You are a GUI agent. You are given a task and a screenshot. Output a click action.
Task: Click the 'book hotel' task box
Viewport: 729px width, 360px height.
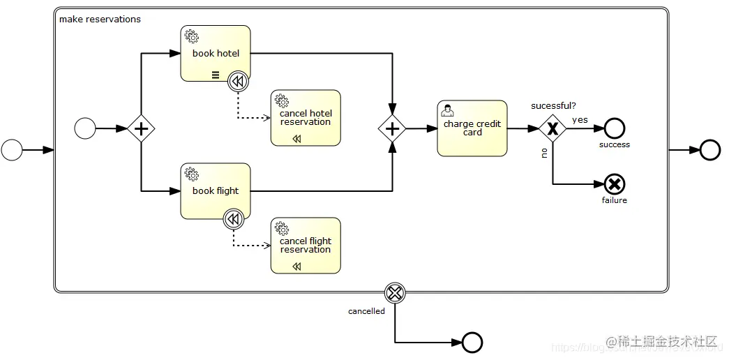pos(215,54)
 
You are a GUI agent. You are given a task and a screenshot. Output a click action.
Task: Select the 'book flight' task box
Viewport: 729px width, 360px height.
pos(215,191)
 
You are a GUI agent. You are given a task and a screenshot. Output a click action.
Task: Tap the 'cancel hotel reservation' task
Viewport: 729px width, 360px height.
pos(306,118)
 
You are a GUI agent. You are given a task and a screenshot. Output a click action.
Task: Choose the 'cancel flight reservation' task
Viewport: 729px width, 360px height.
pos(306,246)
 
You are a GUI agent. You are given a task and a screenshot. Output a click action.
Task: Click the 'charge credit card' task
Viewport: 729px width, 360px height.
pos(472,128)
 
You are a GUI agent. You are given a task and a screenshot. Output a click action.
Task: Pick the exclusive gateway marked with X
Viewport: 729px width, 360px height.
pos(553,128)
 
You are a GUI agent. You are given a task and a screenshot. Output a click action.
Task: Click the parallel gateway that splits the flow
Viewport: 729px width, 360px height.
pos(142,129)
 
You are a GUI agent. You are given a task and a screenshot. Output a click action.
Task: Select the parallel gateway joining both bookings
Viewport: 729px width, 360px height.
pos(392,128)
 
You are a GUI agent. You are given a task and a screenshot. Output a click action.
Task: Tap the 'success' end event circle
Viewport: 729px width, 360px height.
pos(615,128)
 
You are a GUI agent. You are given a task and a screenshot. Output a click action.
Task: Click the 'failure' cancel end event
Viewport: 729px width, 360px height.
pos(615,184)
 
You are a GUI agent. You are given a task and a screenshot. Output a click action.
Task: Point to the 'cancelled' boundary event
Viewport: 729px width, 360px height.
pos(395,292)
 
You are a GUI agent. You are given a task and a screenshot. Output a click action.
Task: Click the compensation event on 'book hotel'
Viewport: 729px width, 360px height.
pos(238,82)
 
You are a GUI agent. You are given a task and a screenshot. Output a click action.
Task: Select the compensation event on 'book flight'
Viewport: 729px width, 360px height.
pos(234,220)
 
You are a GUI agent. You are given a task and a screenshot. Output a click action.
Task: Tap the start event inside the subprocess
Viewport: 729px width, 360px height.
pos(85,128)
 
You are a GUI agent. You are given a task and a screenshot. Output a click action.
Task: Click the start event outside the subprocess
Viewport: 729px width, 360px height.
pos(12,150)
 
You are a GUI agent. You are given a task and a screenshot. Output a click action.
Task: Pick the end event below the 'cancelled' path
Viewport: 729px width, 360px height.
pos(472,342)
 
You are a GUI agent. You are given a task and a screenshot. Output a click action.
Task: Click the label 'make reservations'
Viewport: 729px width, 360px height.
pos(100,20)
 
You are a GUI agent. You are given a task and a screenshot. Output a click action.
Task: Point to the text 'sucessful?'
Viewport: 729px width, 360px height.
pos(553,106)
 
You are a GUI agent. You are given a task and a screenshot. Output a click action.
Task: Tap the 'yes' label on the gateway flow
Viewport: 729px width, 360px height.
pos(580,120)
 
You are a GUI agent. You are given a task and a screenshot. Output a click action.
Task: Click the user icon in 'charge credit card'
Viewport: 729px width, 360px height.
pos(448,111)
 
